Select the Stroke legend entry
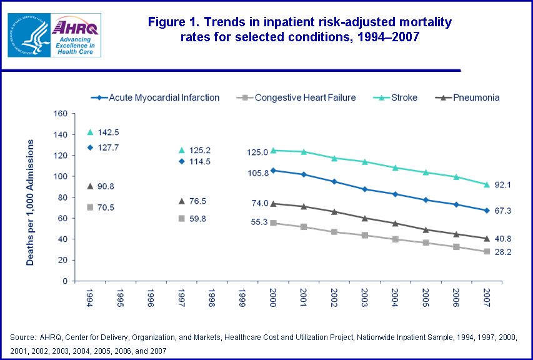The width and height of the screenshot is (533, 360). pyautogui.click(x=400, y=97)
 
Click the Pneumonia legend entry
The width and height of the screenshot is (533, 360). pyautogui.click(x=469, y=97)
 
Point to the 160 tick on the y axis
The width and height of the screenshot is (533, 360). pyautogui.click(x=60, y=114)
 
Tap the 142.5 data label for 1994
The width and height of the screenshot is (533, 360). pyautogui.click(x=108, y=132)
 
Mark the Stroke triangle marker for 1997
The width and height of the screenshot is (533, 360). pyautogui.click(x=181, y=150)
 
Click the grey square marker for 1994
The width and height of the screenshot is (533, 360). pyautogui.click(x=90, y=207)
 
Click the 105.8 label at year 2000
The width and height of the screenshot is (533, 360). pyautogui.click(x=257, y=173)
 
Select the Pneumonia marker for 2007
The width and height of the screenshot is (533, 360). pyautogui.click(x=486, y=238)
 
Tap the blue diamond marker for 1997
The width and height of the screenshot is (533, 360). pyautogui.click(x=181, y=161)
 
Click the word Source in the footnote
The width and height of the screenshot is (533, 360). pyautogui.click(x=22, y=337)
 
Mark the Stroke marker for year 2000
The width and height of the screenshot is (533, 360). pyautogui.click(x=273, y=150)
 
